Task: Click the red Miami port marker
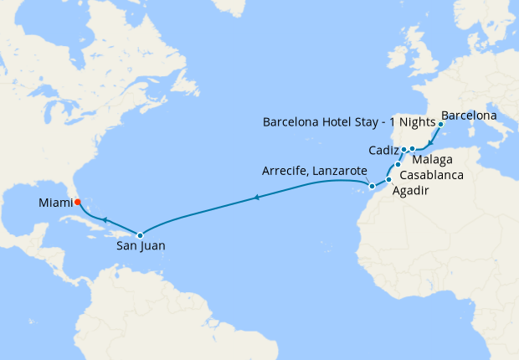[77, 202]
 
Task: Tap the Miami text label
[55, 203]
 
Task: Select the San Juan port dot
[140, 235]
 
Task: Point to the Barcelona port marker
[440, 123]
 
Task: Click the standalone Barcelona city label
[469, 114]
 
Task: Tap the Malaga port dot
[413, 149]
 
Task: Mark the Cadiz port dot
[403, 150]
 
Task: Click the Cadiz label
[383, 151]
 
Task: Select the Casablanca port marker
[398, 165]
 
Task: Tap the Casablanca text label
[430, 177]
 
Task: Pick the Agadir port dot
[388, 180]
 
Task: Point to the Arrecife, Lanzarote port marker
[371, 185]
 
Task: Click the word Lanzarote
[338, 171]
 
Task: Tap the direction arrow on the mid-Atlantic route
[255, 198]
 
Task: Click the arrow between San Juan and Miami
[105, 219]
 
